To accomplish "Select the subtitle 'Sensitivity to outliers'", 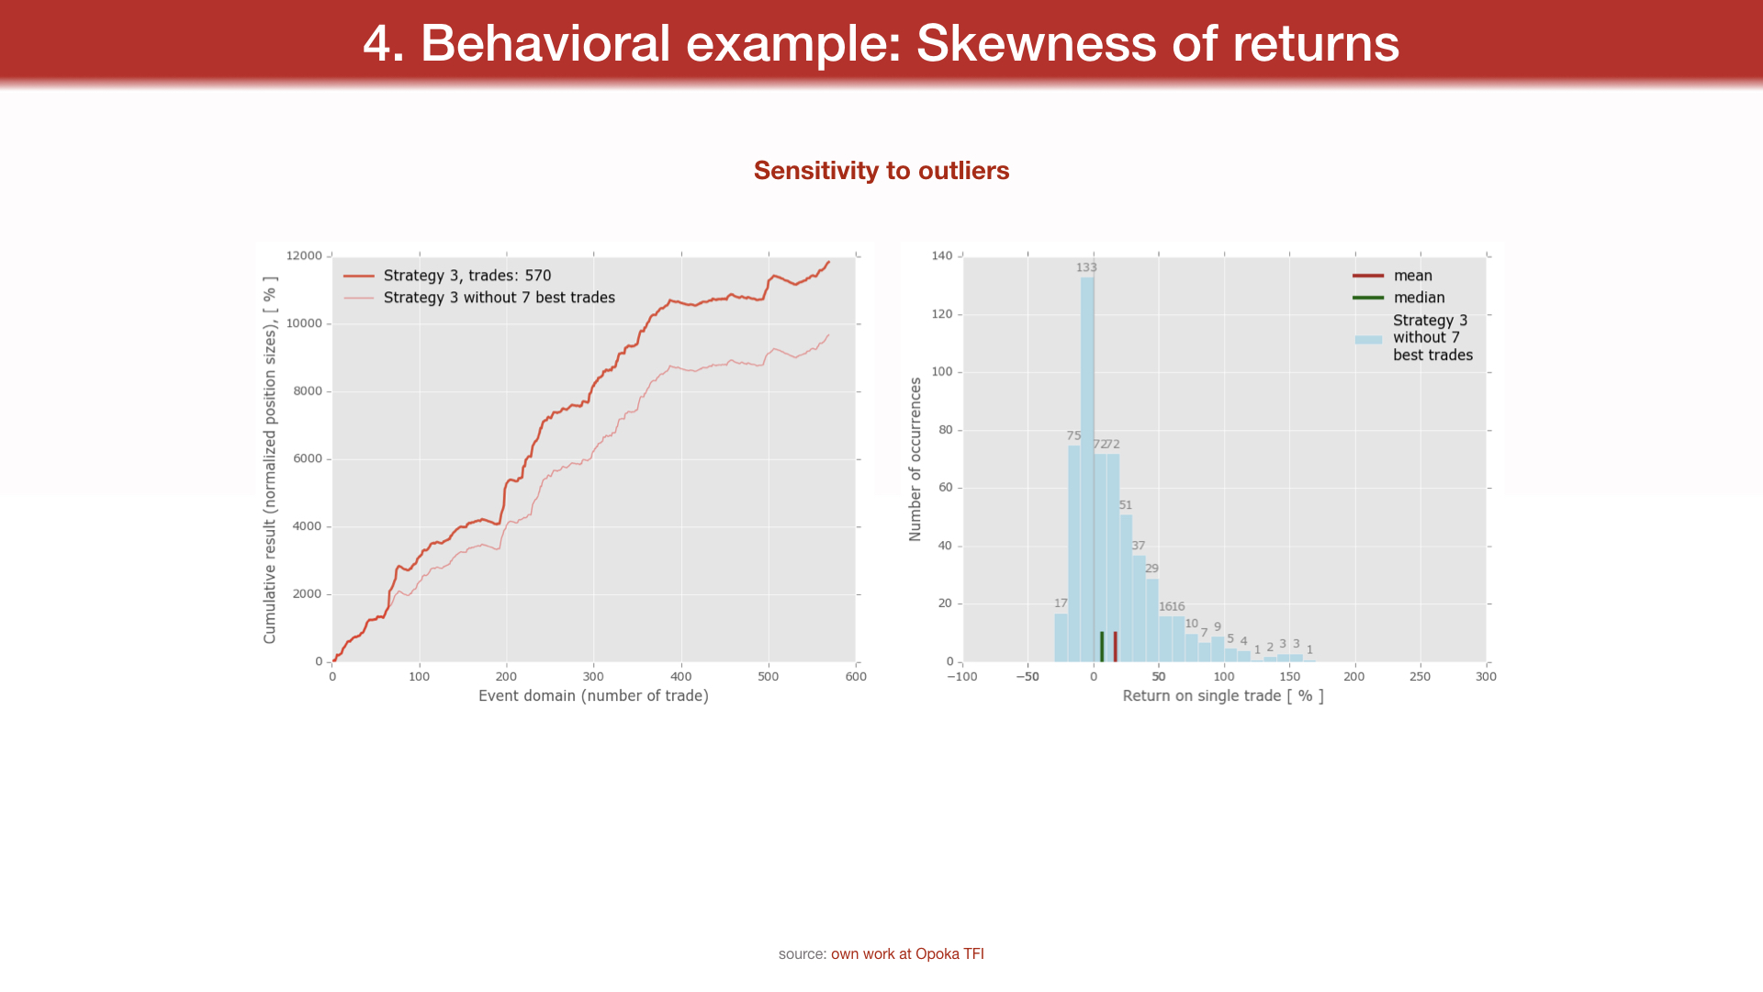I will pos(881,171).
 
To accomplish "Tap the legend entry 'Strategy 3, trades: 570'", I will pos(466,276).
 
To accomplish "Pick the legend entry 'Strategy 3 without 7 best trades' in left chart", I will pos(499,298).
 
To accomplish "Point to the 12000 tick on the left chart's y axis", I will pos(304,255).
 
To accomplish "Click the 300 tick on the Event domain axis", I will pos(593,677).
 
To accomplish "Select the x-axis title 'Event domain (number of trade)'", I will pos(593,696).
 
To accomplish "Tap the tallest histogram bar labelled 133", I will pos(1087,459).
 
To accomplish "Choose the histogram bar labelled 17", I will pos(1061,637).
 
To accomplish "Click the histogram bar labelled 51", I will pos(1126,588).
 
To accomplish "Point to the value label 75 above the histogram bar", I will pos(1073,435).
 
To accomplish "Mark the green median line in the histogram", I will pos(1102,647).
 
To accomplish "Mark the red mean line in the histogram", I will pos(1115,647).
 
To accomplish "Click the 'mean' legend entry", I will pos(1412,276).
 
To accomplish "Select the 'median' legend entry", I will pos(1419,298).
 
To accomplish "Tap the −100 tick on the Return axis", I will pos(962,677).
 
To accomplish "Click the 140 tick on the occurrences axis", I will pos(942,255).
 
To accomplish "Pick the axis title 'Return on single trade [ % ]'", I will pos(1223,696).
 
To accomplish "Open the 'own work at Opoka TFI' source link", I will pos(907,954).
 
